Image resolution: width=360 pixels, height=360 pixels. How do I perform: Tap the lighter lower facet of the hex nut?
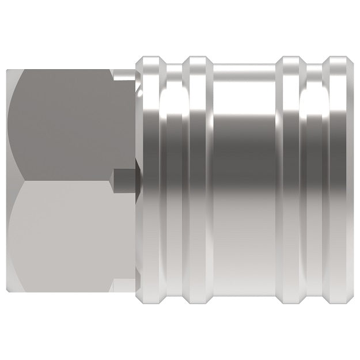point(63,236)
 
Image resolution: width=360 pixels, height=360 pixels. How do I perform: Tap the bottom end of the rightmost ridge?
point(336,302)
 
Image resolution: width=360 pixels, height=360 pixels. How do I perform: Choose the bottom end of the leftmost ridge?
point(151,302)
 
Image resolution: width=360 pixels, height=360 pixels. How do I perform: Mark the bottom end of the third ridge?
point(291,302)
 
